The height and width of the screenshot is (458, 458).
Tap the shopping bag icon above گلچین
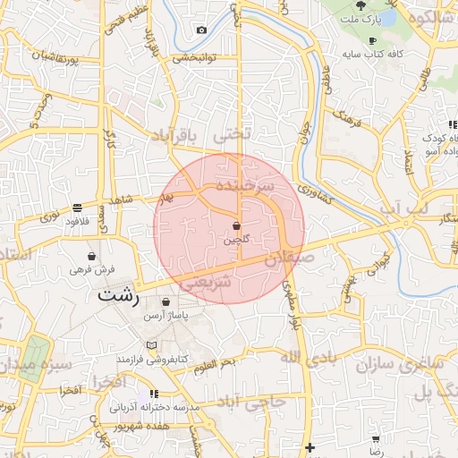tap(236, 225)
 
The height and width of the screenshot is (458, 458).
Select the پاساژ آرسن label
tap(167, 318)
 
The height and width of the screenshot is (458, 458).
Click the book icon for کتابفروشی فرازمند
tap(150, 345)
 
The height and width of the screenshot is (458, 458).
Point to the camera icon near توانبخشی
tap(201, 30)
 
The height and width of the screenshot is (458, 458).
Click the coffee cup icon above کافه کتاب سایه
tap(372, 41)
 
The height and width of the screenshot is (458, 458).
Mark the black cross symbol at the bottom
tap(310, 447)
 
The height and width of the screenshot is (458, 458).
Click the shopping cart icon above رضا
tap(376, 439)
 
